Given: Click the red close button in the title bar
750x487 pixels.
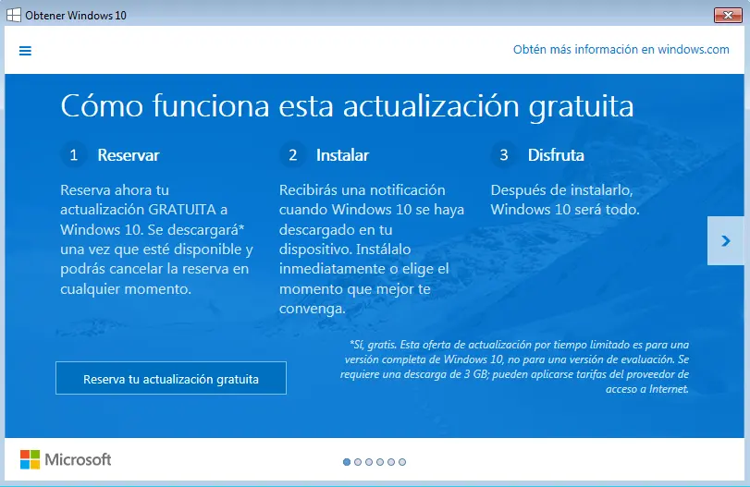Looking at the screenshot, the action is tap(728, 16).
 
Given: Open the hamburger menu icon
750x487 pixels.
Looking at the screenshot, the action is tap(25, 51).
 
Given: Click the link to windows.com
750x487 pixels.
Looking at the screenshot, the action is tap(621, 50).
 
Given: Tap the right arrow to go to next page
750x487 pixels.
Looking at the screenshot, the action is tap(726, 240).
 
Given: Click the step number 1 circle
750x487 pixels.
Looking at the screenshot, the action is tap(74, 155).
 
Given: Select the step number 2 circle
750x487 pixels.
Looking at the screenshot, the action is tap(293, 155).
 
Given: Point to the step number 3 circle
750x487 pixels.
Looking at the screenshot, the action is tap(504, 155).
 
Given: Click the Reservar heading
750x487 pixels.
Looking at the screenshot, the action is tap(129, 155).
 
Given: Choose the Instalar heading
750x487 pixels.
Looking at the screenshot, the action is tap(342, 155).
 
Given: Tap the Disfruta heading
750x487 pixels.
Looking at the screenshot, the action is tap(556, 155).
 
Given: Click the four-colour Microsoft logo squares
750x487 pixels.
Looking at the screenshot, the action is tap(30, 459).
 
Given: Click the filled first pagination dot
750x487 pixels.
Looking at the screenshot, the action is tap(347, 462).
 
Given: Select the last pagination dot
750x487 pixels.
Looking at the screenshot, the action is tap(402, 462).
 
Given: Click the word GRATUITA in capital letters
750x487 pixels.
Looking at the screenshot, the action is tap(182, 210).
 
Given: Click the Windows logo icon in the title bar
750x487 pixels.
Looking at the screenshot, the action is tap(13, 16).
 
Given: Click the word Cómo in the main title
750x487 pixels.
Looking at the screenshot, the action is tap(102, 105).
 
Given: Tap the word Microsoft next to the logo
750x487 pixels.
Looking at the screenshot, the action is tap(78, 460).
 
